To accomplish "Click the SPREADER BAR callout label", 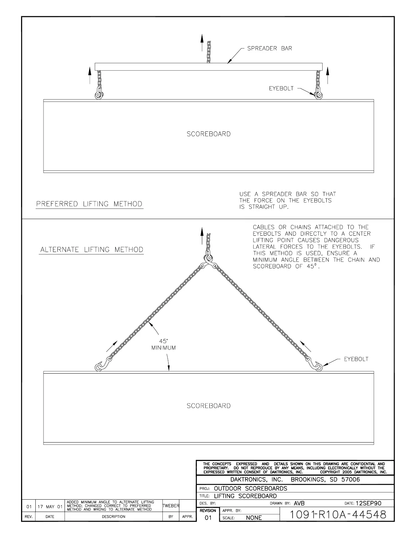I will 269,49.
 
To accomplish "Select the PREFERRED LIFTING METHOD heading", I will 89,204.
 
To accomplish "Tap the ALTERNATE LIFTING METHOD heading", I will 92,250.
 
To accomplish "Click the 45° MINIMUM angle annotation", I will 163,344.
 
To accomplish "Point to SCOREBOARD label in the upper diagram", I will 208,134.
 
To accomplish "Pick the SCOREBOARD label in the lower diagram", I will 208,406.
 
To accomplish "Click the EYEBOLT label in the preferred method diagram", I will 281,89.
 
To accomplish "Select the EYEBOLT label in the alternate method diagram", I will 356,359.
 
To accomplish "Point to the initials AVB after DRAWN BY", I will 299,503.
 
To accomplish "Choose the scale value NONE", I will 254,518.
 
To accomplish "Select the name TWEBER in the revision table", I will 171,506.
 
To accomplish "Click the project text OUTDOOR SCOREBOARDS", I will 250,488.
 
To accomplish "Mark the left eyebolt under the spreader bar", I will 99,95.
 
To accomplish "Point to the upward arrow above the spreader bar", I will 202,42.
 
